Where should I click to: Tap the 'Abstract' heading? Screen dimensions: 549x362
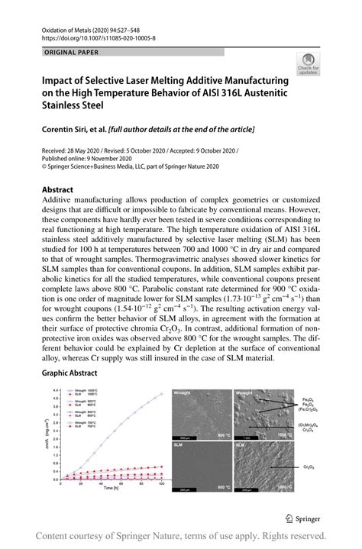[x=57, y=189]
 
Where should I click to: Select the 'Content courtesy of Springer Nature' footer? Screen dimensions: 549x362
[x=181, y=535]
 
